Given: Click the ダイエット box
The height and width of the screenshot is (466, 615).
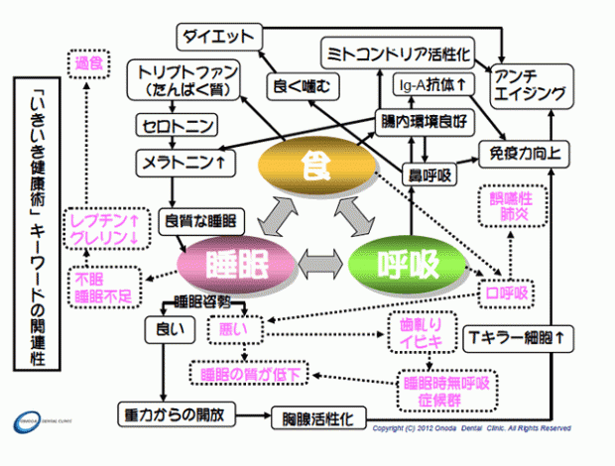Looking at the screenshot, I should click(x=219, y=38).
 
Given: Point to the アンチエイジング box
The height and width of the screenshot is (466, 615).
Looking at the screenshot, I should click(x=530, y=85).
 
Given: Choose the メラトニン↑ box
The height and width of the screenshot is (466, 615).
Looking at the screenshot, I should click(x=184, y=160).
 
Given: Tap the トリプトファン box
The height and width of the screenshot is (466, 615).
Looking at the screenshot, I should click(x=185, y=80).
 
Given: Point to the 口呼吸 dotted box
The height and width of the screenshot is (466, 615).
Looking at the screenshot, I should click(x=504, y=292).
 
